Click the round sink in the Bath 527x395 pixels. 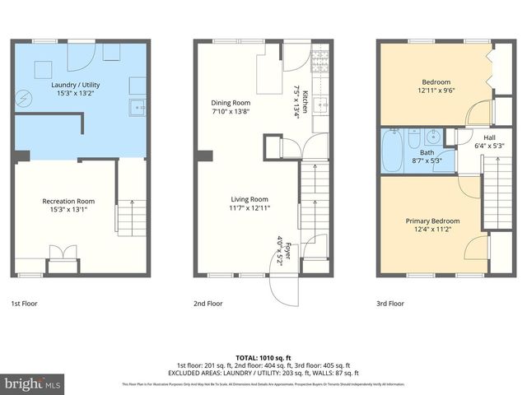tap(435, 137)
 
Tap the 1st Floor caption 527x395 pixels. tap(24, 303)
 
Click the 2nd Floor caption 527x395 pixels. tap(209, 303)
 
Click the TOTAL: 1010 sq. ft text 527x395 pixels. tap(263, 355)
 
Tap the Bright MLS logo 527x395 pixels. tap(32, 383)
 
